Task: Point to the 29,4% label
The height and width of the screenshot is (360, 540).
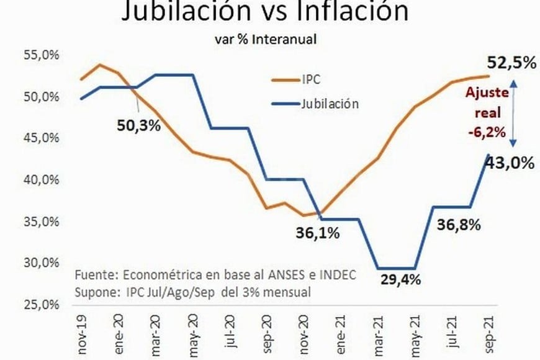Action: pos(400,279)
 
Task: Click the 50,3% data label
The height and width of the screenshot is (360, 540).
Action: pos(139,125)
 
